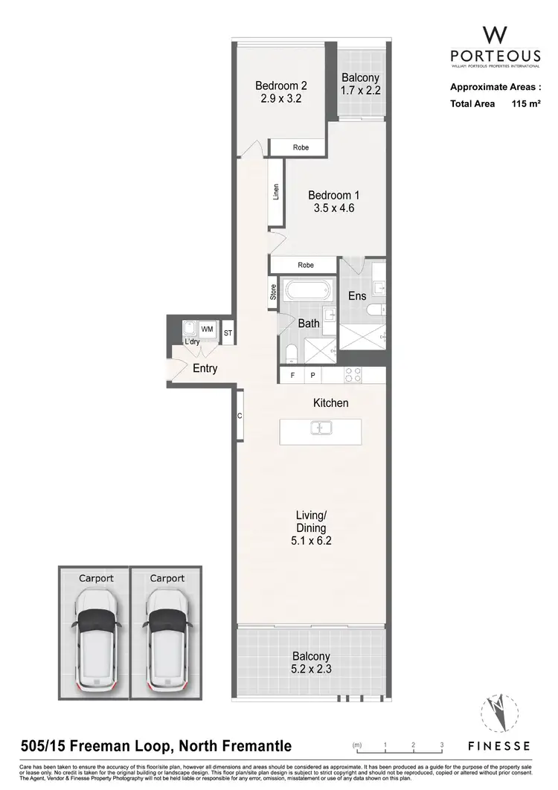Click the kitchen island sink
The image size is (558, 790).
tap(321, 428)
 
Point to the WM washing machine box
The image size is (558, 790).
tap(207, 328)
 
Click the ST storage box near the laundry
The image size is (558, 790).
tap(228, 333)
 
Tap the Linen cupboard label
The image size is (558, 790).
tap(275, 192)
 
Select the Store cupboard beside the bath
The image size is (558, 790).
tap(273, 292)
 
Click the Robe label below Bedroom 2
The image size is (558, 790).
tap(300, 147)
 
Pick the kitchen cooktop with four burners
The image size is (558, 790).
tap(353, 376)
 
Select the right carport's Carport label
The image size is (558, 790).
tap(166, 578)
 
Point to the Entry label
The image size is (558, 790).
tap(205, 368)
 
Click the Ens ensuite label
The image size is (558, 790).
tap(357, 295)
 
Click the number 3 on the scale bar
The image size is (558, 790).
tap(441, 745)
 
